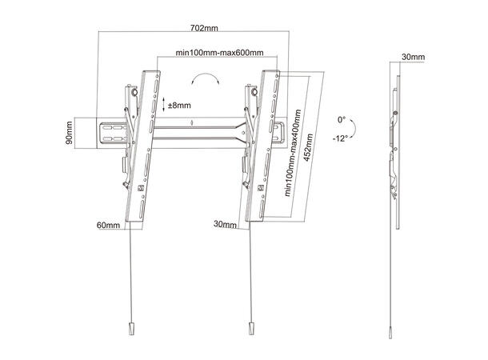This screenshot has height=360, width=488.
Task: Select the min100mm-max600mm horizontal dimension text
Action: click(219, 52)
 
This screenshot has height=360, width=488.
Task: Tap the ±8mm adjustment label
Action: click(180, 104)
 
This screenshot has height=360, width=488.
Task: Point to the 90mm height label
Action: click(70, 134)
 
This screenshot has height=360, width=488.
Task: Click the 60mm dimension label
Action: click(107, 226)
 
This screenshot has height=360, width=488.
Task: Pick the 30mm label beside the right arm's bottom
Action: click(226, 226)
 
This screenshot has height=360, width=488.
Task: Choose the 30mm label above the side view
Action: click(412, 57)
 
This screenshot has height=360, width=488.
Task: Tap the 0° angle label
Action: click(342, 119)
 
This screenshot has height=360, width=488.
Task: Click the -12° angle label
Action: click(342, 138)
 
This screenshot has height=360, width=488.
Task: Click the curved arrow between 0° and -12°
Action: click(358, 128)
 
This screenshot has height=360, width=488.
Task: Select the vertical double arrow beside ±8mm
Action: click(163, 104)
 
